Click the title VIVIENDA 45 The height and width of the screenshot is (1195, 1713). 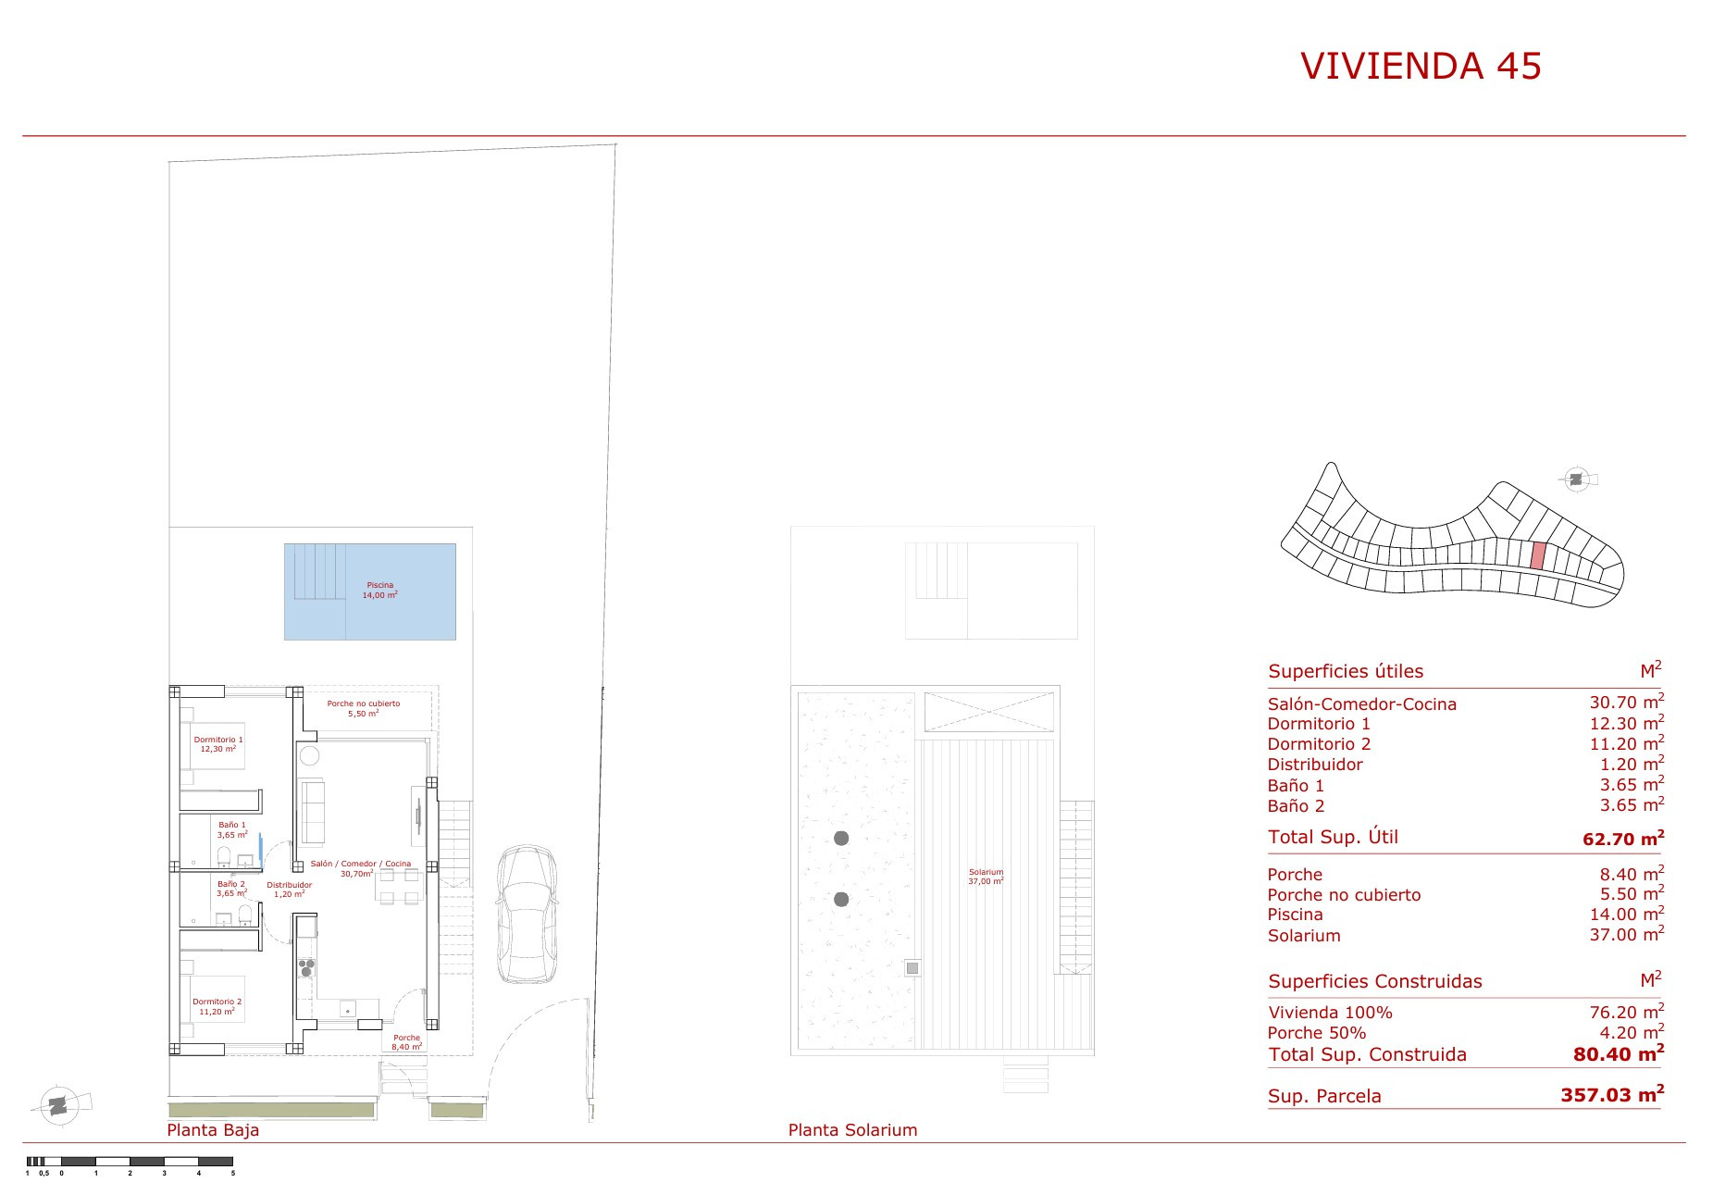1421,66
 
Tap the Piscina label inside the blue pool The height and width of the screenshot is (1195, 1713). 380,590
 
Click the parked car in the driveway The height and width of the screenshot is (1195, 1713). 528,914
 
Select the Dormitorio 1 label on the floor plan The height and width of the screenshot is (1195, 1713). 218,743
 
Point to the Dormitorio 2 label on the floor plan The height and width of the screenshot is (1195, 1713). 217,1006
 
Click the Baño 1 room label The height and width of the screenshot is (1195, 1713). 232,828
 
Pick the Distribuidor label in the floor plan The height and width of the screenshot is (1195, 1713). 290,889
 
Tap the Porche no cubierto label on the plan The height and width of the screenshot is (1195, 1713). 364,708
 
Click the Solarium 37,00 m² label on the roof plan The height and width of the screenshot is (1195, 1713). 987,877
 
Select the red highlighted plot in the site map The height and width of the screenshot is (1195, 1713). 1538,555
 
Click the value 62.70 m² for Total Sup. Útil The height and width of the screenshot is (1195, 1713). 1623,839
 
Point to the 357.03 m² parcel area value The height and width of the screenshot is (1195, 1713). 1612,1094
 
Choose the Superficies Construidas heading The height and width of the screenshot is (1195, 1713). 1375,981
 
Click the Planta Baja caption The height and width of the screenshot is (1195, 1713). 213,1130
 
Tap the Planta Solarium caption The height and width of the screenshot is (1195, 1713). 852,1130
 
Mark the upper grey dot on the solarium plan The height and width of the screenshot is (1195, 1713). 841,839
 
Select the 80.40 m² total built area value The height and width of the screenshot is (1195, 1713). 1619,1052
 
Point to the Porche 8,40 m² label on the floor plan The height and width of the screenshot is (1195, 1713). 406,1042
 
